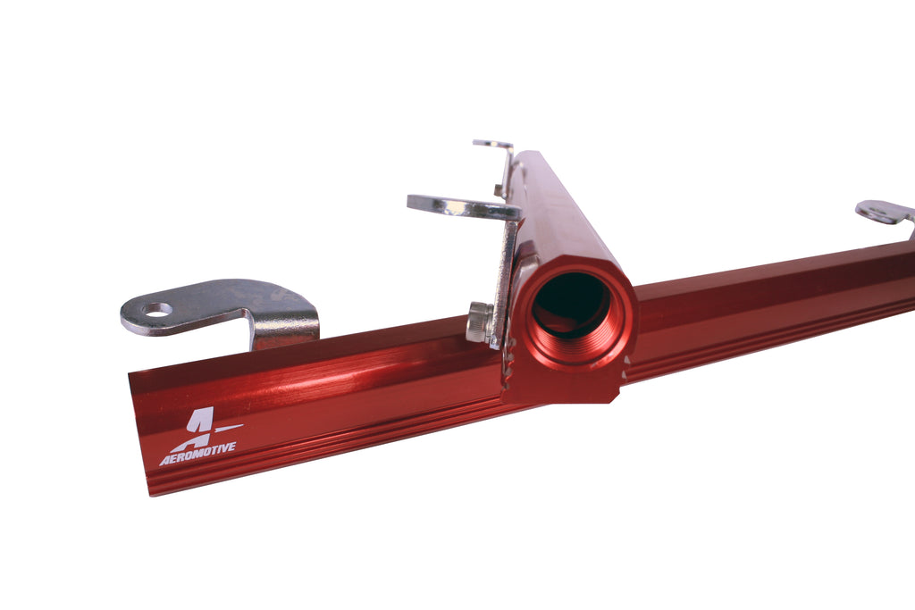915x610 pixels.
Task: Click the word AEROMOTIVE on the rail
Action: [197, 454]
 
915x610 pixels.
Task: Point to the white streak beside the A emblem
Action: [229, 428]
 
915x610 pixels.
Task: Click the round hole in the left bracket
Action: [159, 309]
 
